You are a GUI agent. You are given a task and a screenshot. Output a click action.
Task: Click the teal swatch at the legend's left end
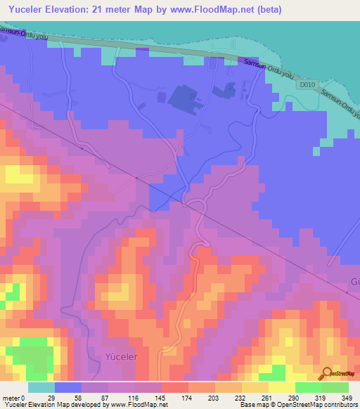[41, 387]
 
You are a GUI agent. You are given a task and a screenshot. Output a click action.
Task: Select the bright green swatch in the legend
[308, 387]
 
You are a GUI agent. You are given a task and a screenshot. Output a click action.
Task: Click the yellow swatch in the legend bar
[281, 387]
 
